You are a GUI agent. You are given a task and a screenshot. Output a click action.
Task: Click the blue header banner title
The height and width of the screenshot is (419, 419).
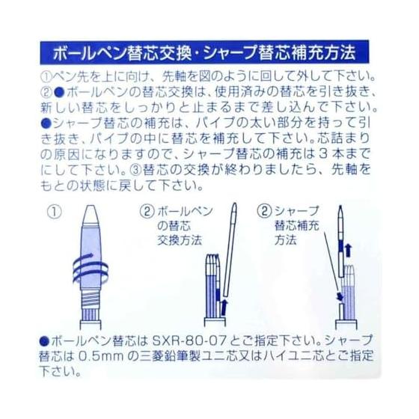(x=204, y=53)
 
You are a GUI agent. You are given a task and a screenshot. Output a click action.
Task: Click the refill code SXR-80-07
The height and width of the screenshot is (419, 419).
(x=189, y=340)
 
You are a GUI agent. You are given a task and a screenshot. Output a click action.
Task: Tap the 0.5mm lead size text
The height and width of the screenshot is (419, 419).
(x=101, y=356)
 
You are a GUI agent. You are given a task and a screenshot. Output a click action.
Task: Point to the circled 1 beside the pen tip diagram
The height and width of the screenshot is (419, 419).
(x=54, y=212)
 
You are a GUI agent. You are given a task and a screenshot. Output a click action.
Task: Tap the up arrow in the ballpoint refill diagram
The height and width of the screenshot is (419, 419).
(x=224, y=308)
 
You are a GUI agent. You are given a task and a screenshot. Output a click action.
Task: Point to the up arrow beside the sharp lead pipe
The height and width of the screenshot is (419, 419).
(x=348, y=251)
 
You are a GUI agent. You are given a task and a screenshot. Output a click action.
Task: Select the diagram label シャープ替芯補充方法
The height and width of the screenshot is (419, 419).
(x=296, y=226)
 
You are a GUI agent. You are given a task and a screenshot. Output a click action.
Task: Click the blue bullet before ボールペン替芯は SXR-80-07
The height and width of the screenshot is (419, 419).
(x=44, y=341)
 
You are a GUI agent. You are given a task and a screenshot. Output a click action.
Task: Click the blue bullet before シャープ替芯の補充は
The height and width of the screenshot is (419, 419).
(x=46, y=123)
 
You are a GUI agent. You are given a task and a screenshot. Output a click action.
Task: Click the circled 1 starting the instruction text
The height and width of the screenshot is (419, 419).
(x=46, y=76)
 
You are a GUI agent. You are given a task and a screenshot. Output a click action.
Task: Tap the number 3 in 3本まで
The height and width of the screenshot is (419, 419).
(x=325, y=154)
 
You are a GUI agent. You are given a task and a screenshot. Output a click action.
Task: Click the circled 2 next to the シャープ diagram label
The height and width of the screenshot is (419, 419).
(x=265, y=211)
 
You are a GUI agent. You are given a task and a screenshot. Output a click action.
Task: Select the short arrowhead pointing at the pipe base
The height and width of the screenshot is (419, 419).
(x=340, y=296)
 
